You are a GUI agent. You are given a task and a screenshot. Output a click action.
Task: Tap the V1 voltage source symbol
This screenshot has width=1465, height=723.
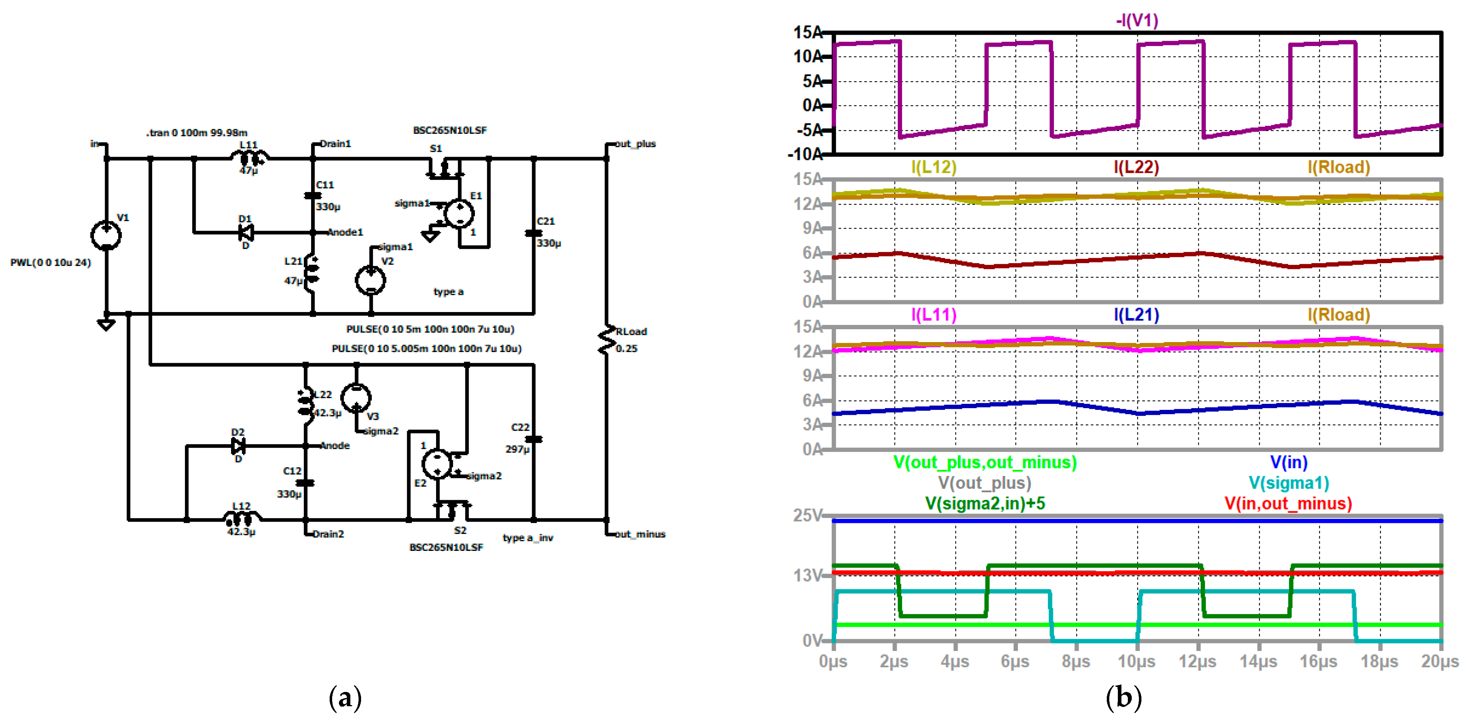click(x=106, y=235)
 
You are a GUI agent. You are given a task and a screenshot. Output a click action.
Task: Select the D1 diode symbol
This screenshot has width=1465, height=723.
click(x=246, y=232)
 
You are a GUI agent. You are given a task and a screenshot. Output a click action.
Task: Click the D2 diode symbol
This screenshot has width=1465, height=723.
click(x=238, y=446)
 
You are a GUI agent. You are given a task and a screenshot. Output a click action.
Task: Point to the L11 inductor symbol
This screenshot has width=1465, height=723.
click(x=249, y=157)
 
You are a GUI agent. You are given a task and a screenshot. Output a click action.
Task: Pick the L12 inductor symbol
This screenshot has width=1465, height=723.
click(x=242, y=518)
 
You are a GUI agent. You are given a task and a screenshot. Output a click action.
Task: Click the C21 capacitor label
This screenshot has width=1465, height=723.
click(x=545, y=221)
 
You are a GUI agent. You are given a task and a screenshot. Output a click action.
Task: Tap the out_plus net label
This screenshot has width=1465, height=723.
click(x=635, y=144)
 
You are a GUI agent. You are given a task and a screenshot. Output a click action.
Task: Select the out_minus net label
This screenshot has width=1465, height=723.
click(x=640, y=534)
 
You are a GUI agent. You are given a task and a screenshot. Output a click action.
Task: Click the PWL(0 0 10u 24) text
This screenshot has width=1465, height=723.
click(x=51, y=262)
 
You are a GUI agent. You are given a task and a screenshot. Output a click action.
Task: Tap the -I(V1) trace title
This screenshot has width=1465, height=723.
click(x=1137, y=21)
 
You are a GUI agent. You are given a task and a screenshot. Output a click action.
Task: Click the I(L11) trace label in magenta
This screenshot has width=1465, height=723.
click(x=934, y=315)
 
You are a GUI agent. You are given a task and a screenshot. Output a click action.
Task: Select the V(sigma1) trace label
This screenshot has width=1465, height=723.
click(x=1289, y=483)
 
